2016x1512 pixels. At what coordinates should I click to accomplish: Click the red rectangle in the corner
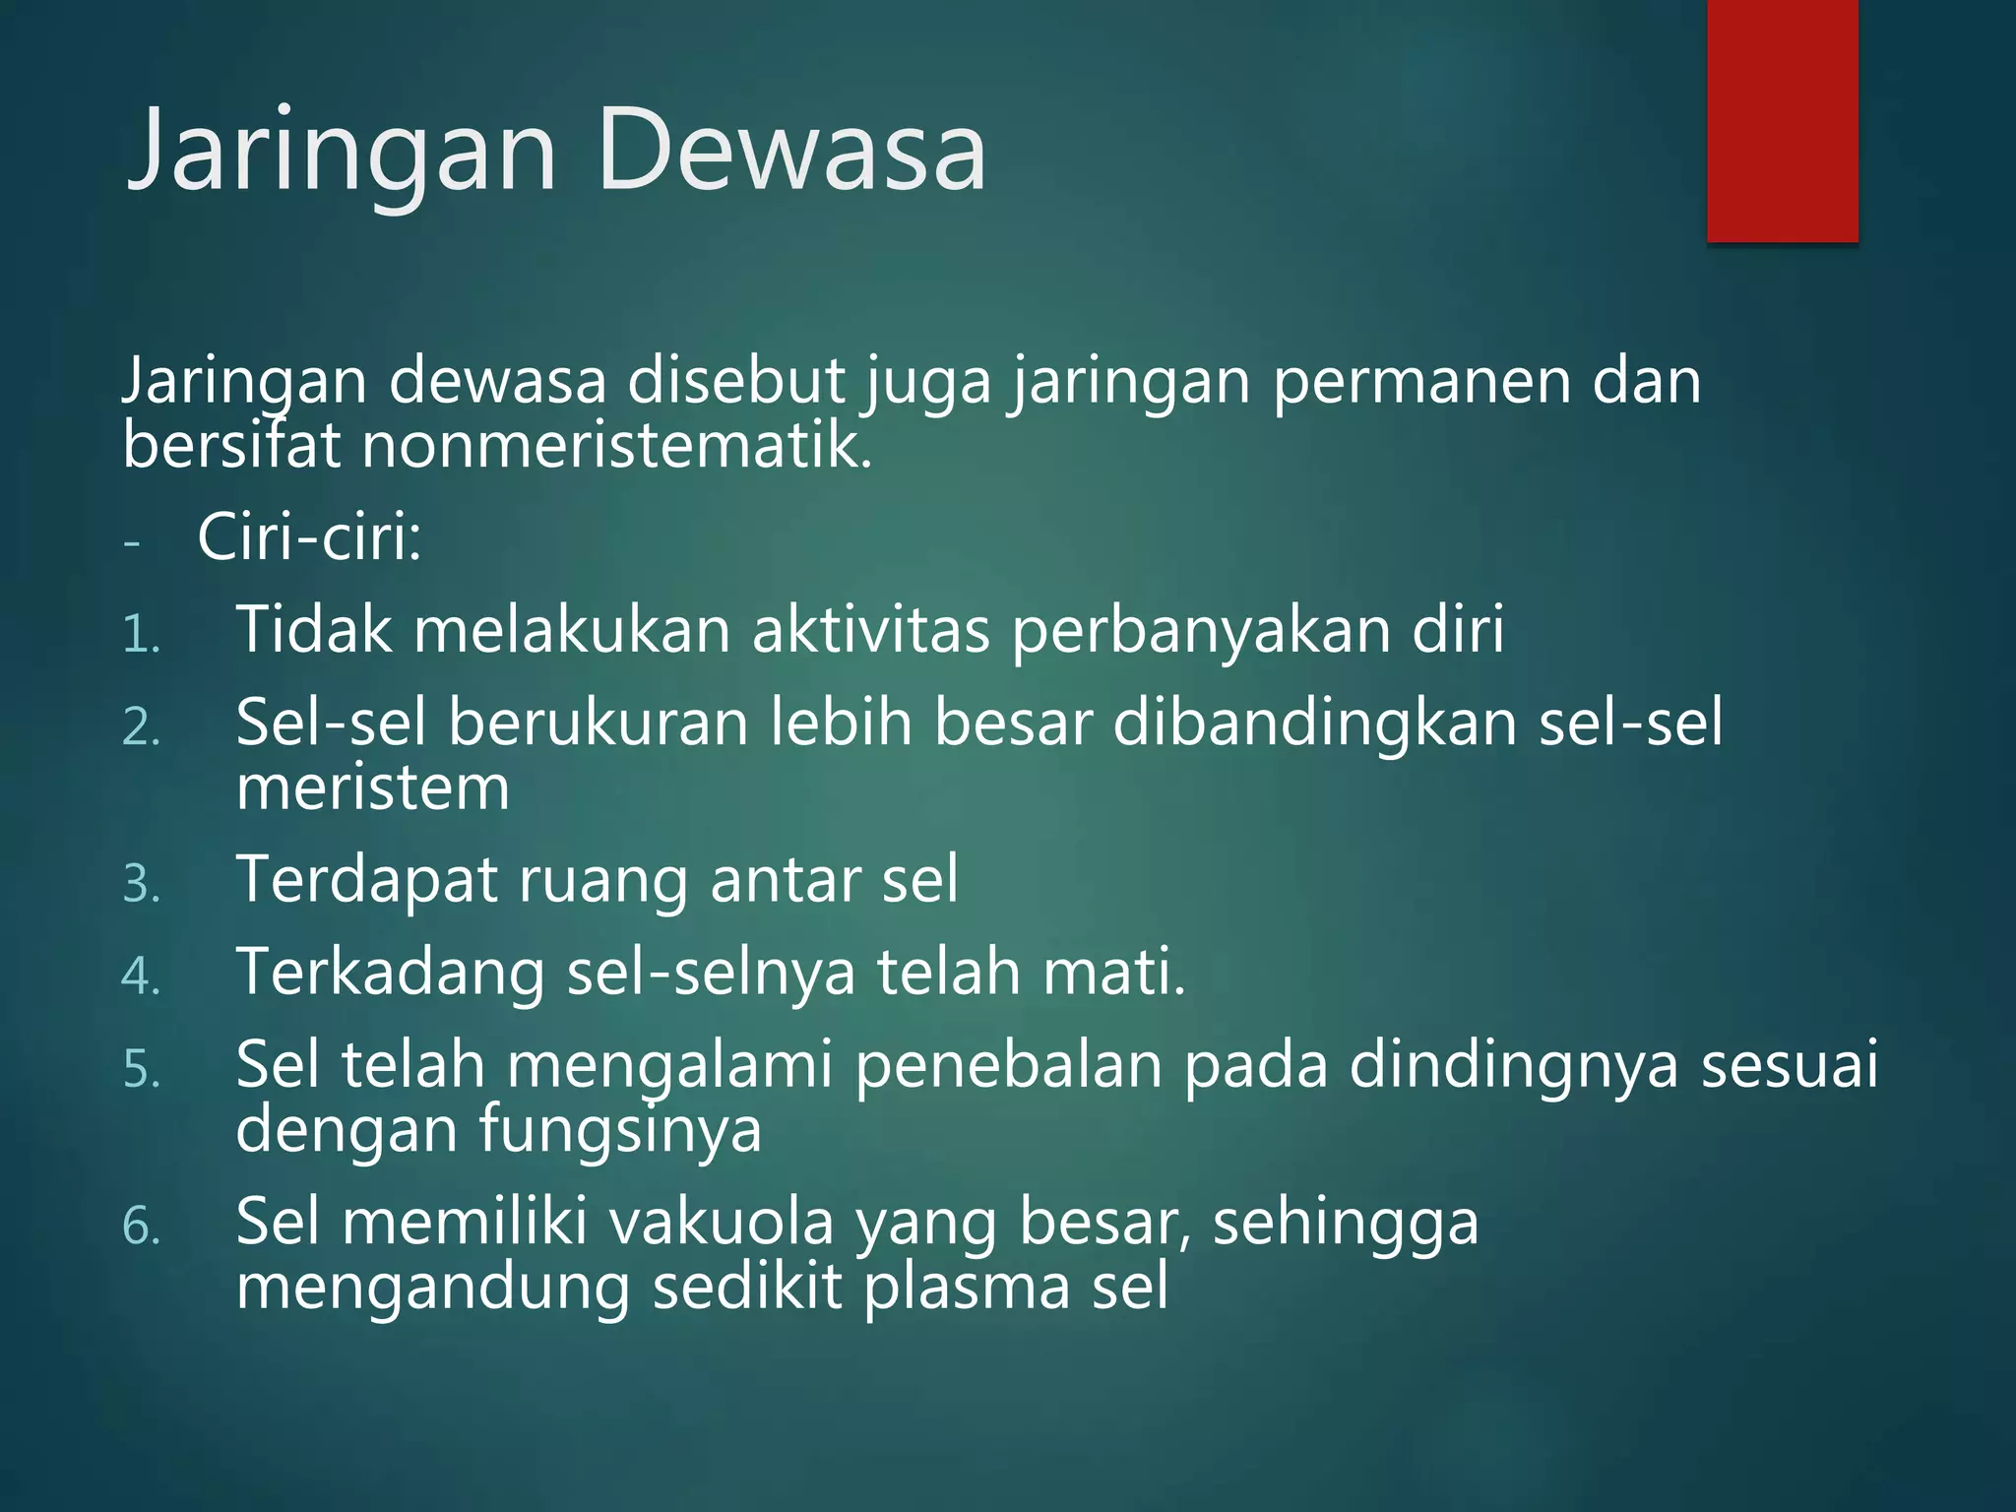coord(1782,120)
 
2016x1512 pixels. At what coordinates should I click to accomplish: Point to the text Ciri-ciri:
coord(309,537)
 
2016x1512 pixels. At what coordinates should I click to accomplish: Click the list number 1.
coord(141,635)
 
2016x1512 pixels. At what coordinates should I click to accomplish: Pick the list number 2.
coord(141,728)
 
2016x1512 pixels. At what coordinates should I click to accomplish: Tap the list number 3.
coord(141,884)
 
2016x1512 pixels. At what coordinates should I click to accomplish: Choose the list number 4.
coord(141,976)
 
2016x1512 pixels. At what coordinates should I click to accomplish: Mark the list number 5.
coord(141,1070)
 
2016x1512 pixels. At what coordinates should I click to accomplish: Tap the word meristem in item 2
coord(373,788)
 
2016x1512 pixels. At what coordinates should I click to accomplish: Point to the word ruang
coord(602,880)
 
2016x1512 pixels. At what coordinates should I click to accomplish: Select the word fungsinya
coord(620,1131)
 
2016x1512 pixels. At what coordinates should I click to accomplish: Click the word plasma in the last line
coord(966,1288)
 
